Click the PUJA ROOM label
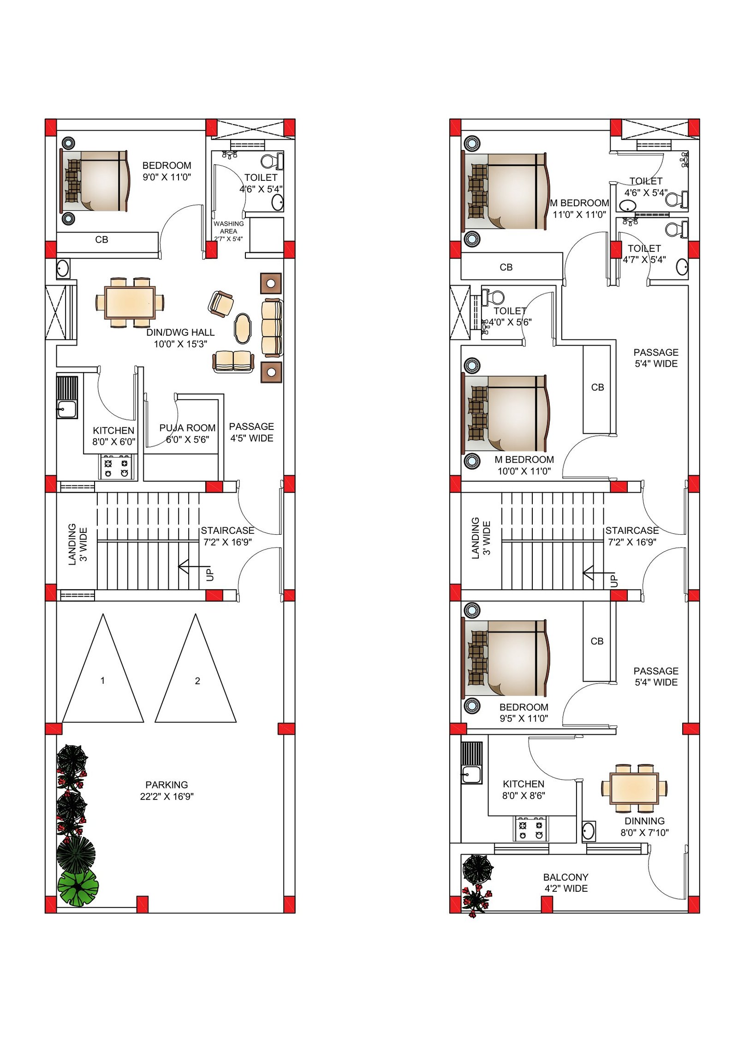(x=187, y=428)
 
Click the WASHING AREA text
(x=228, y=227)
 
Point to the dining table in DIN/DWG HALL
(x=130, y=302)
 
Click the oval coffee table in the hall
(x=243, y=328)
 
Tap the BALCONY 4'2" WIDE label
(x=565, y=883)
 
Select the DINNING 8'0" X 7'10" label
(x=644, y=827)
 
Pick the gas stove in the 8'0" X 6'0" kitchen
(x=117, y=467)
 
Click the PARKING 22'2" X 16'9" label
(x=167, y=790)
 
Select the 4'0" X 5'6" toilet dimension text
(x=510, y=322)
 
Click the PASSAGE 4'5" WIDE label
(x=251, y=432)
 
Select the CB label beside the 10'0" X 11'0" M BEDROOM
(x=597, y=388)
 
